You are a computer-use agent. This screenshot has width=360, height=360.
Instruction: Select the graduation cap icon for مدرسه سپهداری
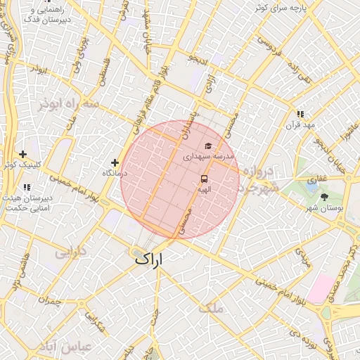pyautogui.click(x=208, y=146)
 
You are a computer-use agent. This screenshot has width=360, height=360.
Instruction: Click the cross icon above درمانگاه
pyautogui.click(x=115, y=162)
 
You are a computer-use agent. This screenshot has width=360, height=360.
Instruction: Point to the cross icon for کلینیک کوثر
pyautogui.click(x=23, y=154)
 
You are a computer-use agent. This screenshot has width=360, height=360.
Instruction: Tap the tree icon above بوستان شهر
pyautogui.click(x=324, y=197)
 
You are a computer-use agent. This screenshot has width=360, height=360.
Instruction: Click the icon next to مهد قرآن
pyautogui.click(x=300, y=114)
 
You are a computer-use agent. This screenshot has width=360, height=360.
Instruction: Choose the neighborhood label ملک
pyautogui.click(x=210, y=307)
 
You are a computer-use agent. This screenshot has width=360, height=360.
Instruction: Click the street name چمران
pyautogui.click(x=51, y=300)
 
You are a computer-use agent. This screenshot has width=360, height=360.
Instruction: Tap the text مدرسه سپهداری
pyautogui.click(x=208, y=157)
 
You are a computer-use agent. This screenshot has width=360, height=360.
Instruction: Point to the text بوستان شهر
pyautogui.click(x=325, y=208)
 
